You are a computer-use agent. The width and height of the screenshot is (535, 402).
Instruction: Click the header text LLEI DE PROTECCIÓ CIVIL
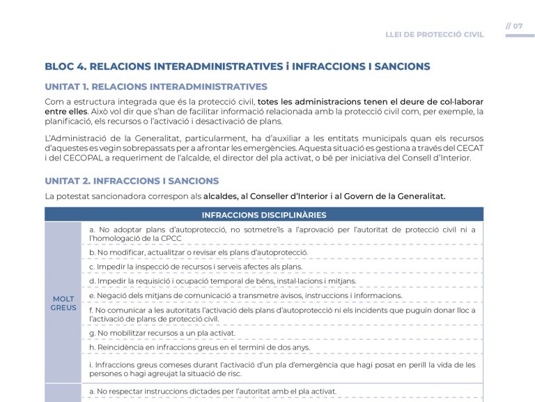[x=434, y=34]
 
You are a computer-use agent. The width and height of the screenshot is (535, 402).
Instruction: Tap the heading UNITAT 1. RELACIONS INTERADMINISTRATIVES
[x=155, y=87]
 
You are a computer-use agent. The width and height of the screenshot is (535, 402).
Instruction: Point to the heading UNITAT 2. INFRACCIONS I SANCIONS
[x=132, y=181]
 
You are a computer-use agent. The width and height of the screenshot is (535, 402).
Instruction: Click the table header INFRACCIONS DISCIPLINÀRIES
[x=263, y=215]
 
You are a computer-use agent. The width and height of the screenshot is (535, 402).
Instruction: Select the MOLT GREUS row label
[x=63, y=303]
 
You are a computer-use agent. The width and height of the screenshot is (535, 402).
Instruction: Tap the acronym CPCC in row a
[x=171, y=239]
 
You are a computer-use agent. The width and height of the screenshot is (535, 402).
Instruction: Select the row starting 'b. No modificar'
[x=199, y=252]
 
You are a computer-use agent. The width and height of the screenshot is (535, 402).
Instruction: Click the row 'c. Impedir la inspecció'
[x=196, y=267]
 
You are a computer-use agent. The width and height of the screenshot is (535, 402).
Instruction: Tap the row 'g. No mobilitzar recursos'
[x=162, y=333]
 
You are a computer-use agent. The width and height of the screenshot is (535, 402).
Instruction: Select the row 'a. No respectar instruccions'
[x=213, y=391]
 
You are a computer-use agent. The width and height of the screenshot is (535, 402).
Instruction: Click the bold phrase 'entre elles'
[x=66, y=111]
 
